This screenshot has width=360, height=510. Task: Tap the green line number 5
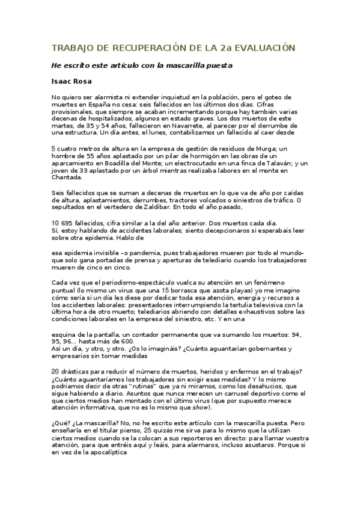tap(53, 148)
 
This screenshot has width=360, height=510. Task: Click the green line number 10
tap(55, 221)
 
